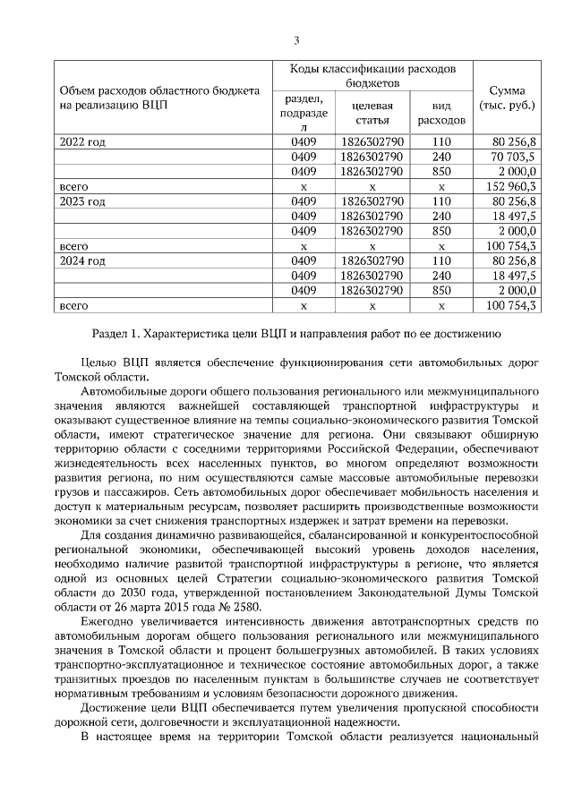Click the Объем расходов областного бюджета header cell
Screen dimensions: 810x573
159,98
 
